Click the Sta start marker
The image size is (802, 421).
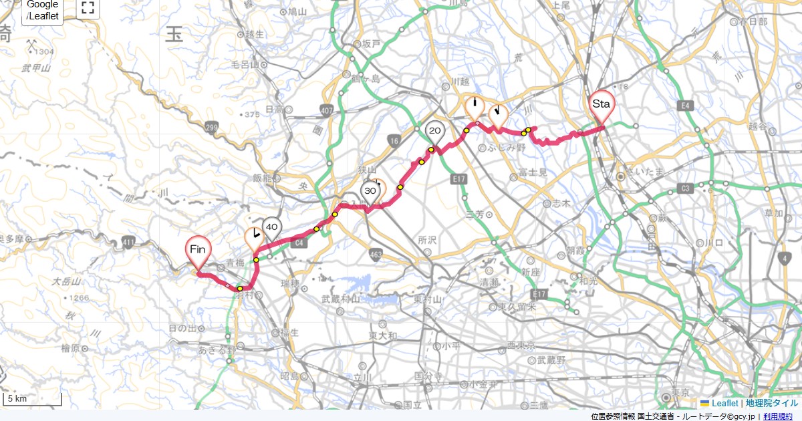click(601, 104)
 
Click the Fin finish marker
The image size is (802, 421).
click(198, 249)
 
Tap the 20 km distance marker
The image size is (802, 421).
click(435, 131)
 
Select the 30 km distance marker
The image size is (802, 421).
click(369, 190)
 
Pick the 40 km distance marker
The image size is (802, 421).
click(271, 227)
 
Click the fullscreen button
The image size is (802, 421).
click(87, 8)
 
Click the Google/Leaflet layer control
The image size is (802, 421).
click(43, 11)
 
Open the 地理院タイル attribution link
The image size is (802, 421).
click(773, 403)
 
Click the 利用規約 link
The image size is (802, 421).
click(778, 416)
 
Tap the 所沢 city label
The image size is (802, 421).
click(426, 239)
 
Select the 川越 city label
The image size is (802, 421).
click(461, 82)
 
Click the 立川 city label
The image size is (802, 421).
click(362, 378)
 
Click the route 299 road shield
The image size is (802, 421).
click(213, 127)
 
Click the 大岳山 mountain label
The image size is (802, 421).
click(68, 281)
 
